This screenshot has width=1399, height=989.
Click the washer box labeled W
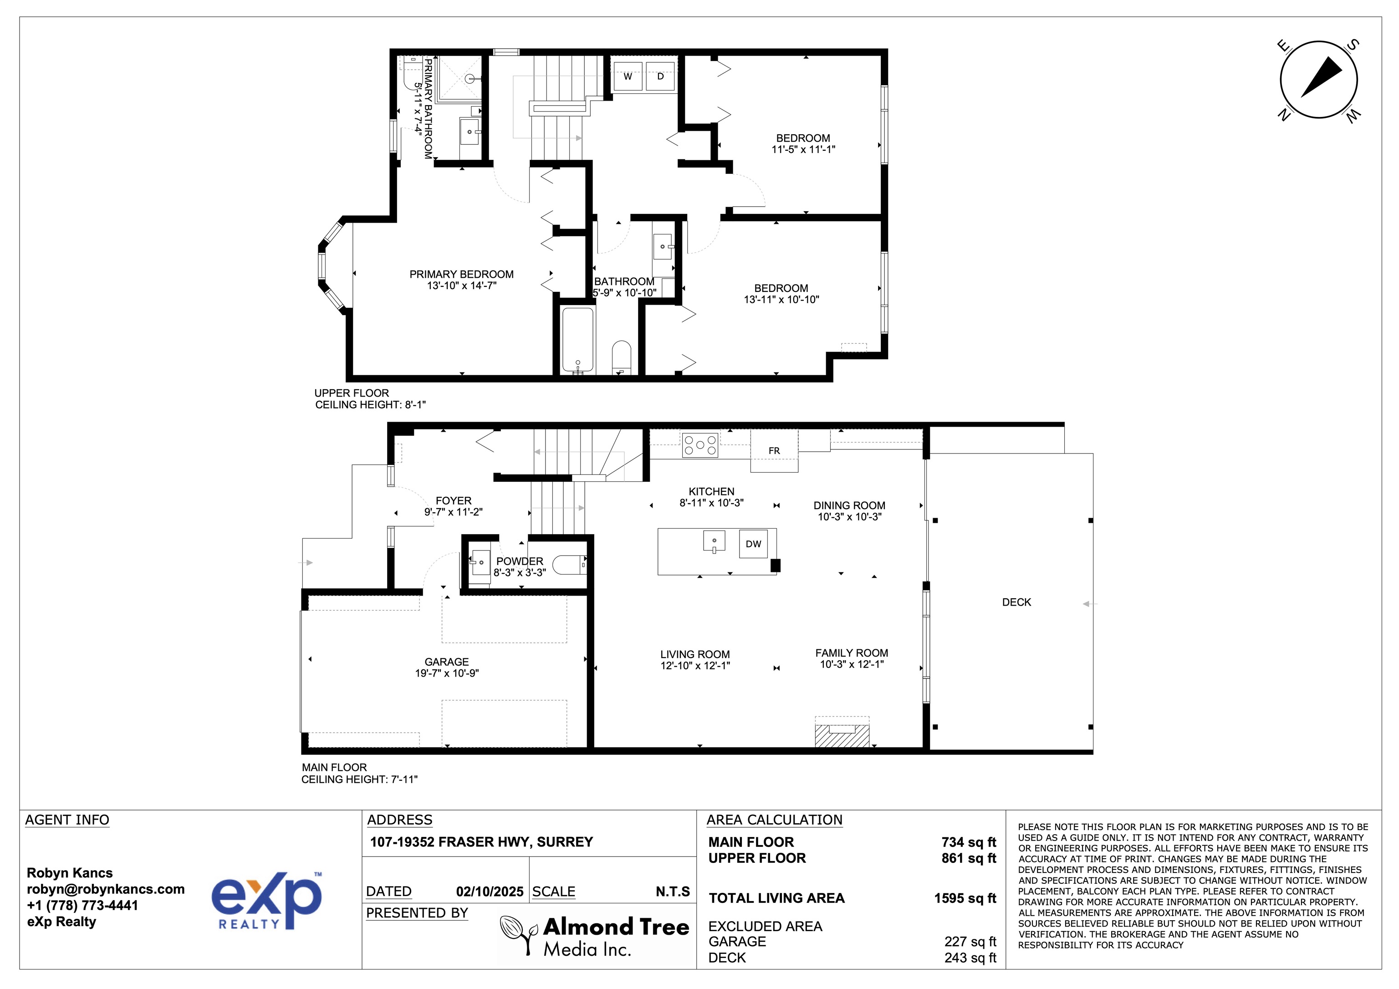tap(628, 77)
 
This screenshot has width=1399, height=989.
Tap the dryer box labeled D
tap(660, 77)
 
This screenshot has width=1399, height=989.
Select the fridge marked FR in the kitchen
tap(774, 451)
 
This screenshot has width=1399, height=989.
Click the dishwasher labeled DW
tap(754, 544)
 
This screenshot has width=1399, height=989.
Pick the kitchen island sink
tap(714, 541)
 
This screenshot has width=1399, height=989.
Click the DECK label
tap(1016, 602)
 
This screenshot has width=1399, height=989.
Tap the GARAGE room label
tap(447, 662)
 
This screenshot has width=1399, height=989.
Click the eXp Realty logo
tap(266, 901)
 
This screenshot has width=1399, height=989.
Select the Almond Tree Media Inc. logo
tap(595, 937)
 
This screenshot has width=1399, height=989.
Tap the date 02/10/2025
tap(489, 892)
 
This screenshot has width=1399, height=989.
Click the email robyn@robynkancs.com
tap(105, 889)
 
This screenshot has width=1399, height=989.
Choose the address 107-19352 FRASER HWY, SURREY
tap(481, 842)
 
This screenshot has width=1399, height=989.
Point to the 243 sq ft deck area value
tap(970, 958)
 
